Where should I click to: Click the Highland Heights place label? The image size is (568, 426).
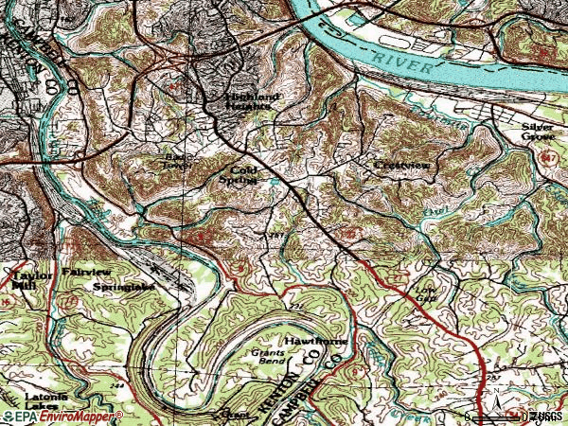252,101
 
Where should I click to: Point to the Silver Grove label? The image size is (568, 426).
536,131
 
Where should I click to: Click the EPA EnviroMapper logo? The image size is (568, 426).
62,417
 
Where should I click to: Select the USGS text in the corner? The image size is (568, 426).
543,417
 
